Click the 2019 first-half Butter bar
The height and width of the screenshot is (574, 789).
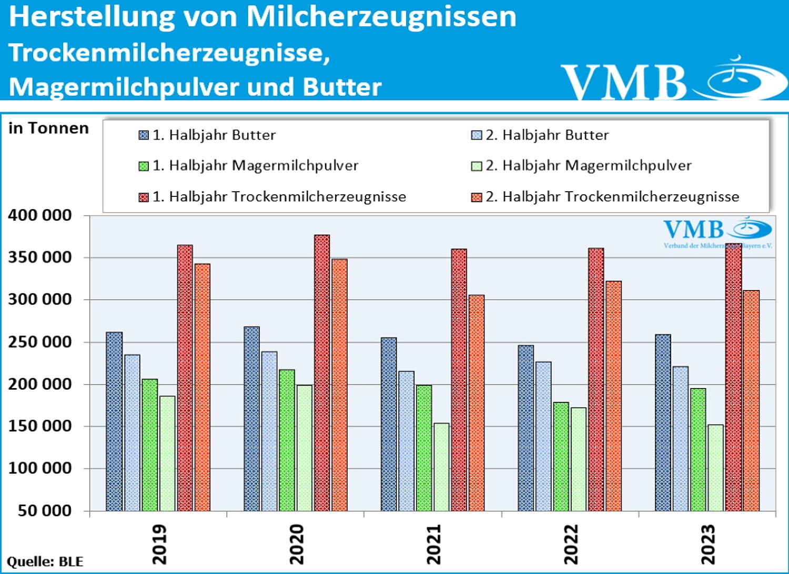[x=114, y=421]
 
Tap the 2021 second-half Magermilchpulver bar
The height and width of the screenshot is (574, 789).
[x=441, y=467]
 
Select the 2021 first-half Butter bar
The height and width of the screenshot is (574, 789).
[x=389, y=424]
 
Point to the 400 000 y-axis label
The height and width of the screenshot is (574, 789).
[x=40, y=215]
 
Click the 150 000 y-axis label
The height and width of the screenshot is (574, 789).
[x=40, y=426]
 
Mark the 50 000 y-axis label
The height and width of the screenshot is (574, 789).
[x=45, y=510]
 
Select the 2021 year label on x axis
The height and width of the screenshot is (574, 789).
[x=433, y=544]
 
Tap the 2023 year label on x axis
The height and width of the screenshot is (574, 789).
[x=708, y=544]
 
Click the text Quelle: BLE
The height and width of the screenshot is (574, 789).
[x=45, y=561]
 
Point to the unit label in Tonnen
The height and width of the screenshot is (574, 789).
[x=48, y=128]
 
